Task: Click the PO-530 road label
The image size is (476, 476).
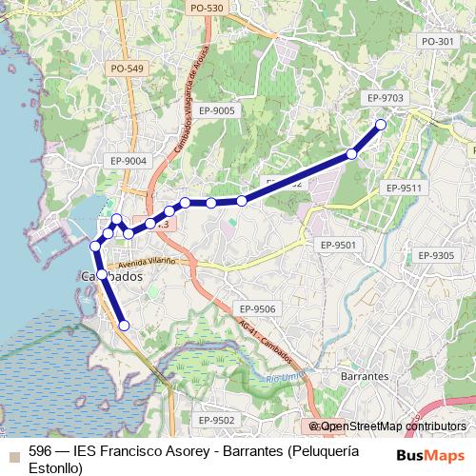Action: [207, 9]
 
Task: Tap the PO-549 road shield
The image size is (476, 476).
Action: [127, 69]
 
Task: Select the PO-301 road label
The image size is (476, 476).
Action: [437, 42]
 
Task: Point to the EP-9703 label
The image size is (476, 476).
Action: [385, 98]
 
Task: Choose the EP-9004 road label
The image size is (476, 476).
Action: [128, 161]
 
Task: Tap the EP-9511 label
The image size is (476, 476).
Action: [402, 188]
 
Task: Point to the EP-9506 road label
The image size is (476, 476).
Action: [257, 309]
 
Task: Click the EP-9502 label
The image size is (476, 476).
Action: [216, 420]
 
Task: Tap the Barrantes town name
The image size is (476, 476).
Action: [364, 376]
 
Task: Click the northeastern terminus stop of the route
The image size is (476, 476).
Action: [381, 125]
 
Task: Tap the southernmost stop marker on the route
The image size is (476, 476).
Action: [123, 326]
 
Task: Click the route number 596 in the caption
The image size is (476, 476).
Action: [40, 452]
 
